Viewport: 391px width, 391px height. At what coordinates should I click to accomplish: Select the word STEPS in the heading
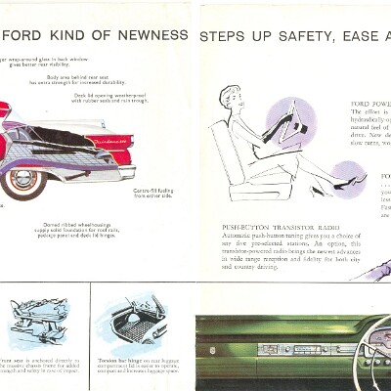click(224, 36)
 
